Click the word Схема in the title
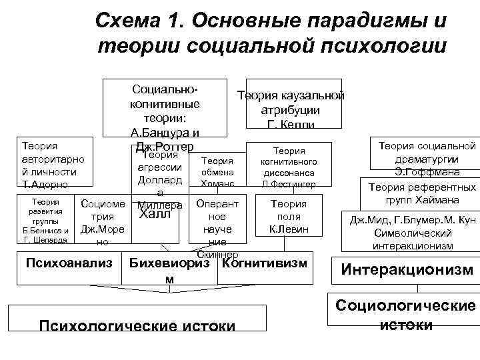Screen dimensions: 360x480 pos(128,21)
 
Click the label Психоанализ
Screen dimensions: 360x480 pos(69,263)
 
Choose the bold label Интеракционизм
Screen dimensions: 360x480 pos(407,270)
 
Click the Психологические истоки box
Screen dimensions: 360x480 pos(137,326)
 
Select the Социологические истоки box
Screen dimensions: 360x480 pos(407,315)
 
